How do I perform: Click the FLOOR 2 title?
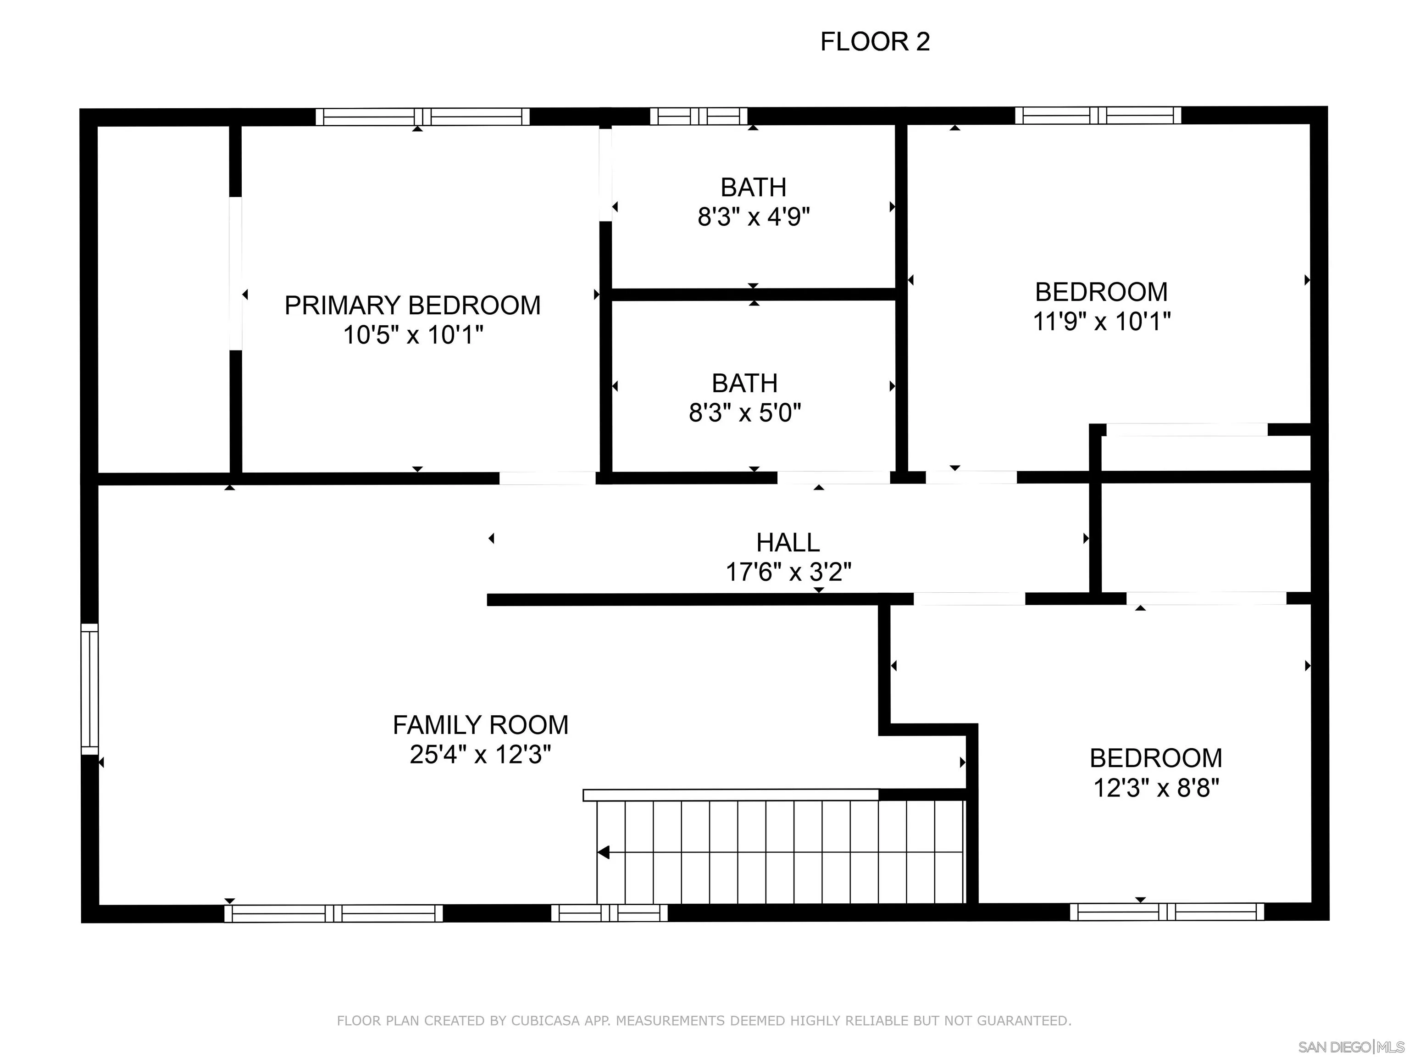point(875,42)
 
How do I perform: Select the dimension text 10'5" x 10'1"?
point(413,334)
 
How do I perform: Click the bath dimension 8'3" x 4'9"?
point(754,217)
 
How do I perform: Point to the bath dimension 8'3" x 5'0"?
point(744,413)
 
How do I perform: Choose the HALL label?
point(788,543)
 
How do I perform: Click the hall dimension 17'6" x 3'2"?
point(788,572)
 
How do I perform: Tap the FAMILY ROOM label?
point(480,725)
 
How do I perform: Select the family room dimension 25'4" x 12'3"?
point(480,754)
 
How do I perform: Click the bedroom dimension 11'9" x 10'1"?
point(1101,321)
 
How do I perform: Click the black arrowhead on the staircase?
point(603,852)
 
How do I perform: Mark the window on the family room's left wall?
point(90,689)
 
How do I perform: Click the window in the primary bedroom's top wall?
point(423,117)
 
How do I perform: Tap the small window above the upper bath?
point(699,116)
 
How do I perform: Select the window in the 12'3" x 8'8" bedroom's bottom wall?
point(1167,912)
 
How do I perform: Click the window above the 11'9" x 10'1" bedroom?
point(1098,115)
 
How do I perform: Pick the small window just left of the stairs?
point(610,913)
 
